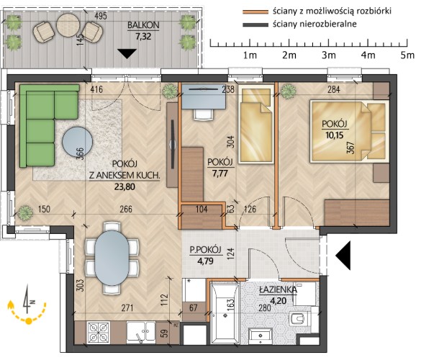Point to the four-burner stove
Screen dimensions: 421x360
99,333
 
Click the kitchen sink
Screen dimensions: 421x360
140,333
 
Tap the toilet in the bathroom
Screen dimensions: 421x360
300,319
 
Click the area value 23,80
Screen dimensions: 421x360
125,186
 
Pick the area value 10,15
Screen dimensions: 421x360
335,135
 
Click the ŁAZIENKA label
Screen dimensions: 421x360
278,290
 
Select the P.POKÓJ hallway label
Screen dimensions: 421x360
205,250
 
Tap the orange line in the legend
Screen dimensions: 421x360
255,12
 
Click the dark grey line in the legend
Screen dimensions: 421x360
255,24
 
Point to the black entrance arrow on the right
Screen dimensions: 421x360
343,255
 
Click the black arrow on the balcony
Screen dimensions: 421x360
127,53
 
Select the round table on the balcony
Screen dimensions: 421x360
68,24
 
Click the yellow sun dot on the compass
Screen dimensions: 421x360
29,320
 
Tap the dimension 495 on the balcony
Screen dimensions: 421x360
101,16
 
